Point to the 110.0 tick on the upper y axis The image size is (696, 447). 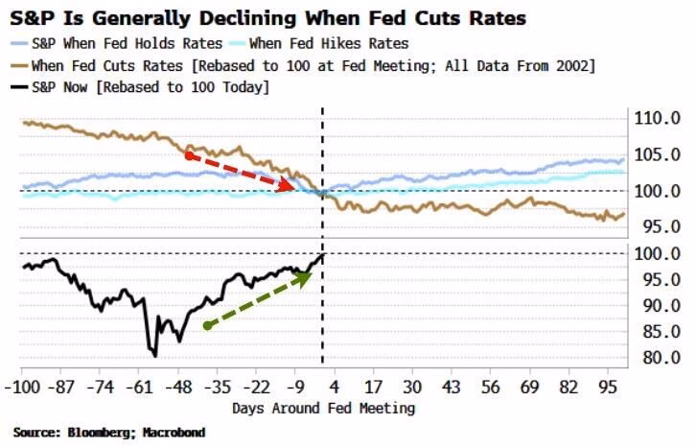tap(660, 120)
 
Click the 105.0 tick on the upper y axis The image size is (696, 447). tap(660, 155)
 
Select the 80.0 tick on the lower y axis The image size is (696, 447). tap(660, 358)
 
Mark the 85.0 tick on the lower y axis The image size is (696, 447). tap(660, 332)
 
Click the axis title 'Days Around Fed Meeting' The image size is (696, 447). tap(323, 408)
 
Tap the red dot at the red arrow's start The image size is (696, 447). tap(190, 154)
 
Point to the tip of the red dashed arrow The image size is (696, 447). tap(294, 188)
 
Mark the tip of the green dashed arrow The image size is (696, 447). tap(313, 273)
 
